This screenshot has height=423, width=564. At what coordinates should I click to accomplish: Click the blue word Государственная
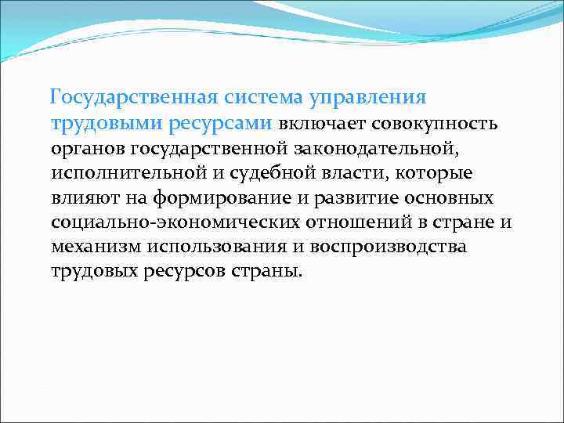pos(132,98)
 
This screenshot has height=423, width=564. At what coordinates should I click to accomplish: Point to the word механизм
pos(96,247)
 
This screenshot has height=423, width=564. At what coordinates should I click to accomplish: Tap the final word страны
pos(262,271)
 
